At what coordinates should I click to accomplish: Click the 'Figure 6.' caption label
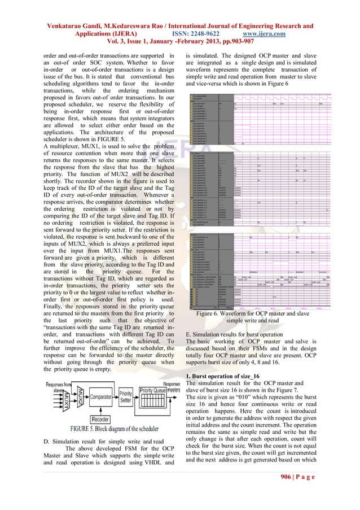(209, 313)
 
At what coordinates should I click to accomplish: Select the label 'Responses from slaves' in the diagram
(57, 385)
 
